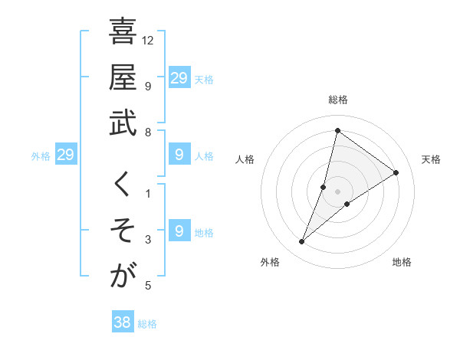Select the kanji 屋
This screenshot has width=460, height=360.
[x=123, y=79]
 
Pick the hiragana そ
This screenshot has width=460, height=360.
[x=123, y=231]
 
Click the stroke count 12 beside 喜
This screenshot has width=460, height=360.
[x=149, y=40]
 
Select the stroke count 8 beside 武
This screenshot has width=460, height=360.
[x=148, y=133]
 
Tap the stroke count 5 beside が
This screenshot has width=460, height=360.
[x=148, y=286]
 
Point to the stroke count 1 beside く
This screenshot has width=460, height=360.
[x=148, y=193]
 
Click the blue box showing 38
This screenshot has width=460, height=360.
[x=122, y=322]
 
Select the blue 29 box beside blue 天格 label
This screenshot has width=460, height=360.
[x=179, y=78]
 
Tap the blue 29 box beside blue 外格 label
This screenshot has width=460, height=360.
[x=66, y=155]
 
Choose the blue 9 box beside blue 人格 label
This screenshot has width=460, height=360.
[x=179, y=155]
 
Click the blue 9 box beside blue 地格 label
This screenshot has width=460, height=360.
[x=179, y=231]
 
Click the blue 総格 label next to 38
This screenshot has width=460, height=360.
[x=147, y=324]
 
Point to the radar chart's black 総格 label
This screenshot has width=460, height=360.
[x=337, y=100]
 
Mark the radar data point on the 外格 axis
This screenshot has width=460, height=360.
[x=302, y=242]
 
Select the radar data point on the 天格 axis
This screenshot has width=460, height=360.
[x=396, y=172]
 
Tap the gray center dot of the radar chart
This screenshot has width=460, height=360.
[x=337, y=191]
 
